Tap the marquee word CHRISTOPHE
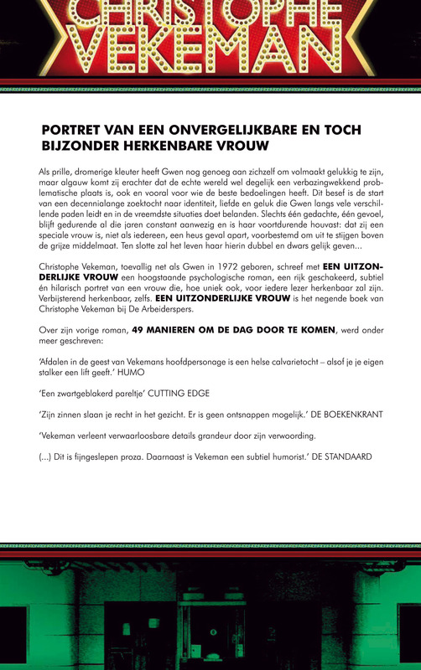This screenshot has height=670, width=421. [x=210, y=12]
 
